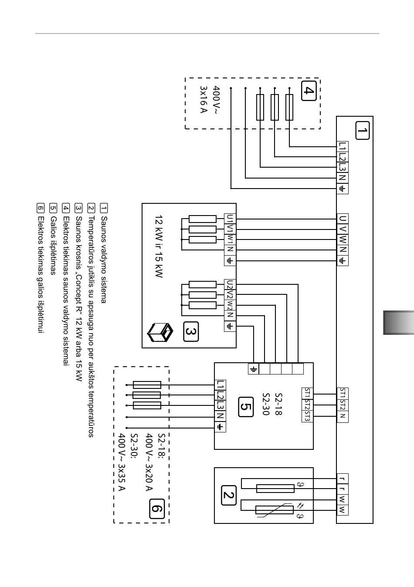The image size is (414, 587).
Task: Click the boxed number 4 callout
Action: click(309, 91)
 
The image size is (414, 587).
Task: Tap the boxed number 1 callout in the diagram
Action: click(362, 131)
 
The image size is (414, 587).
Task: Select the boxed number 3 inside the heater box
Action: click(191, 332)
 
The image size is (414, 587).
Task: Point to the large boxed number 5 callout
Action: click(246, 407)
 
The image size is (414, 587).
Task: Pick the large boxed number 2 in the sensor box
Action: click(229, 495)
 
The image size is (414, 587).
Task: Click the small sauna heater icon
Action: click(160, 333)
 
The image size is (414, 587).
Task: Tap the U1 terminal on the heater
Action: click(230, 219)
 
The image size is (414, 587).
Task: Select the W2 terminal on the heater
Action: click(230, 305)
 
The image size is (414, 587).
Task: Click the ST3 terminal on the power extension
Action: click(307, 417)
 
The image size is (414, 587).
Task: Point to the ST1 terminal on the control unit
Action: click(343, 394)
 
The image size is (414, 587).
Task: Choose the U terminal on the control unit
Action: click(343, 219)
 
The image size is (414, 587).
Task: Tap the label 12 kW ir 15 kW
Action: click(159, 246)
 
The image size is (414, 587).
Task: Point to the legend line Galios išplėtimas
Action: click(53, 246)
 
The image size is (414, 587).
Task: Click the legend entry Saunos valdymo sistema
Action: click(104, 260)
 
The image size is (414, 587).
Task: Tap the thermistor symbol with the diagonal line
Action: click(275, 510)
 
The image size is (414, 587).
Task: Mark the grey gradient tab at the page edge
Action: click(399, 323)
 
